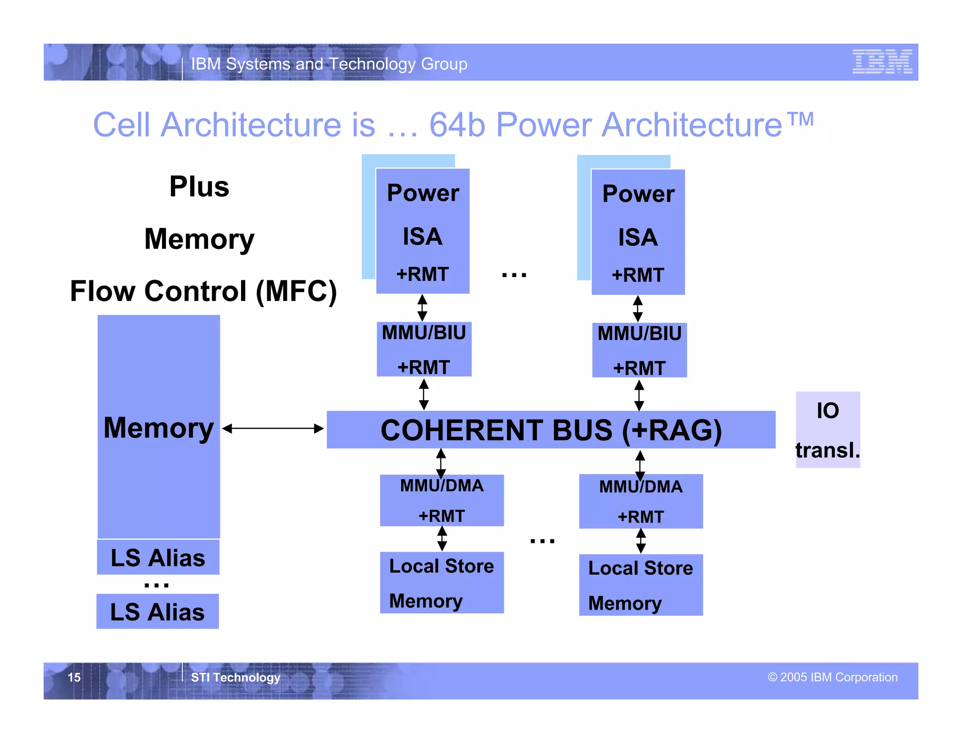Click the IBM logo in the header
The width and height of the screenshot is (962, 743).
(x=882, y=62)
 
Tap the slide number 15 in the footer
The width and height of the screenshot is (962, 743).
(x=74, y=677)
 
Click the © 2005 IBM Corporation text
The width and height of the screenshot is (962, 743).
(x=832, y=677)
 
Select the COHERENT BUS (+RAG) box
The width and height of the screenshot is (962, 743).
(x=551, y=430)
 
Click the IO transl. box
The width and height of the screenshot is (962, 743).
(x=828, y=430)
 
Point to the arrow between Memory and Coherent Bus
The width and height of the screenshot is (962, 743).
(x=273, y=428)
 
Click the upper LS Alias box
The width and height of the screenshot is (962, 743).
(x=158, y=557)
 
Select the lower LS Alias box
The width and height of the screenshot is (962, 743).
(x=158, y=611)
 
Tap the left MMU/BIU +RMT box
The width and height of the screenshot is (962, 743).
(x=424, y=349)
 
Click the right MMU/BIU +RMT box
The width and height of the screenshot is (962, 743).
(x=639, y=350)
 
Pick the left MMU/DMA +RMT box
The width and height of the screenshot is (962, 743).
(x=442, y=501)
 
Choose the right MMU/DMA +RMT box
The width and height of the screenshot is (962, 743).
(x=641, y=502)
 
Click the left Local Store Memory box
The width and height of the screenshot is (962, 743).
(x=442, y=583)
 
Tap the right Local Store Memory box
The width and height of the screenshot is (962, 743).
(x=641, y=585)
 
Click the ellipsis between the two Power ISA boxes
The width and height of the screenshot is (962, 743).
(x=514, y=274)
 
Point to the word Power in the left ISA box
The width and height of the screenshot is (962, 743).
(x=423, y=193)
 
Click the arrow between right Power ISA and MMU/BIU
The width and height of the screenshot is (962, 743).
(x=637, y=309)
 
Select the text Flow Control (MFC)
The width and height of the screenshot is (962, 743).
(x=203, y=291)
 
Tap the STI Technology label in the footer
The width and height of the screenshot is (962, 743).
(x=235, y=677)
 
